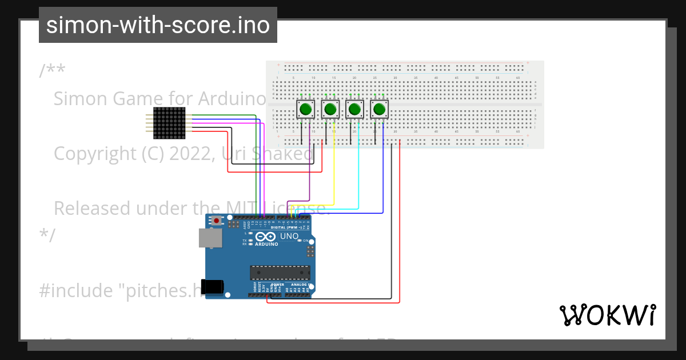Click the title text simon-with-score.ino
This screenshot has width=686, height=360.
[x=158, y=25]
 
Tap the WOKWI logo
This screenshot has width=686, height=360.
[x=607, y=315]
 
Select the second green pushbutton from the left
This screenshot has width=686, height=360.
[x=330, y=109]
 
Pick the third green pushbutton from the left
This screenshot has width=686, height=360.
[x=355, y=109]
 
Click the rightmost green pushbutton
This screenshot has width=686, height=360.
[x=380, y=109]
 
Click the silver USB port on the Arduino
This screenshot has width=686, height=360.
[x=210, y=238]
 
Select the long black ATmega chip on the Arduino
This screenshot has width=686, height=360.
[x=280, y=273]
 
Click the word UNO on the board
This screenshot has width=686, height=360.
[x=289, y=236]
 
